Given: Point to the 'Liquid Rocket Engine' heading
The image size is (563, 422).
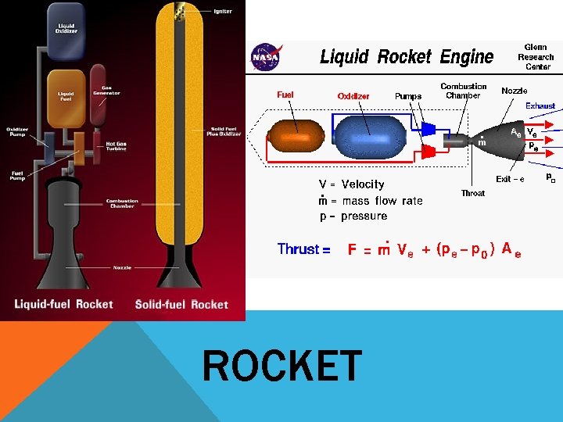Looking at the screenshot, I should (407, 57).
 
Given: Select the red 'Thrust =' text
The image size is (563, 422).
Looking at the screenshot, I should (303, 249).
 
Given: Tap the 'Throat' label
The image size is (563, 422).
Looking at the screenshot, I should (472, 193).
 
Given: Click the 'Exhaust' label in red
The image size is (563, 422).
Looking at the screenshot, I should (540, 105).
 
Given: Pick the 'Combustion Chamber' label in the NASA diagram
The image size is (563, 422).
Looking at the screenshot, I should (464, 91).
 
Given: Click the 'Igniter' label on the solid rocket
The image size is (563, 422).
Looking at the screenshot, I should (223, 12).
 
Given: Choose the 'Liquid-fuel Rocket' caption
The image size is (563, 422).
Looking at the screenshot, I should (63, 304).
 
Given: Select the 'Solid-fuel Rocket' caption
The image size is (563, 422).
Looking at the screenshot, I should (181, 304).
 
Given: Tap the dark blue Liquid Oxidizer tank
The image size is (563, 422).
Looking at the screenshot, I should (66, 30).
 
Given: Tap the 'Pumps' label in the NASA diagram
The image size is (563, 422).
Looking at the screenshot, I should (408, 96).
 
